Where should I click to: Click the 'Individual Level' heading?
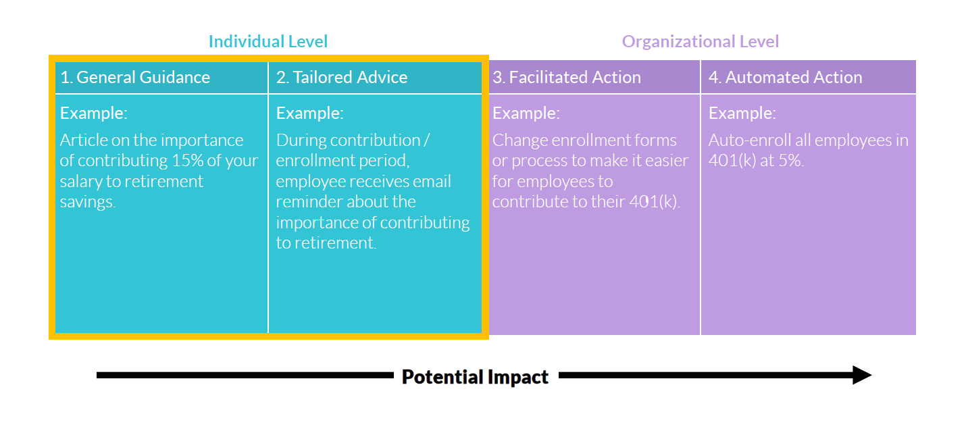coord(268,41)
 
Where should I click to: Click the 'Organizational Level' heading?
coord(701,42)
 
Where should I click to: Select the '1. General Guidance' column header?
coord(135,77)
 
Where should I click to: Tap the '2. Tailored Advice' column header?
coord(342,77)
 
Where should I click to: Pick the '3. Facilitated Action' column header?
coord(567,77)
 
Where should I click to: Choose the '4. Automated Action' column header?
coord(786,77)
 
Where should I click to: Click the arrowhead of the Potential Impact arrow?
coord(862,376)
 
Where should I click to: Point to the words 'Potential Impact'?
coord(475,377)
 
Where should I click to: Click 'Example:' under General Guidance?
coord(94,113)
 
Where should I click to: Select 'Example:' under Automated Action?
coord(742,113)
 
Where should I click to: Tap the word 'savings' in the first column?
coord(86,202)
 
